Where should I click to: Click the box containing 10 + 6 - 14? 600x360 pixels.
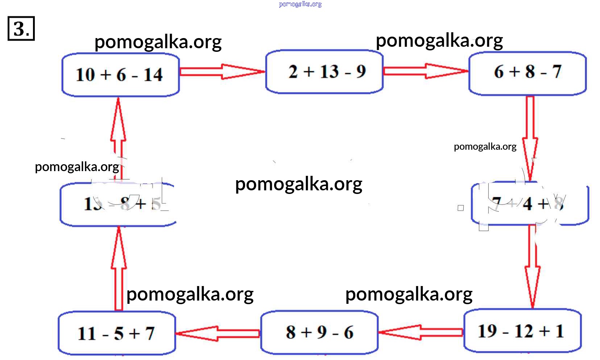(x=120, y=75)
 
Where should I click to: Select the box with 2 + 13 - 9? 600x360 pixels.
(x=324, y=71)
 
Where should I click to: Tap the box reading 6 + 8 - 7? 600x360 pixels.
(x=527, y=73)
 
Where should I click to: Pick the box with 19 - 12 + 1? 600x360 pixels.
(x=522, y=330)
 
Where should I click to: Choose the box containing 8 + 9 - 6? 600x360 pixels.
(x=319, y=332)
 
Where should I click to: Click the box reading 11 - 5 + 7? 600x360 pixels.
(x=117, y=333)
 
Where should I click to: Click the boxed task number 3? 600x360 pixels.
(x=21, y=28)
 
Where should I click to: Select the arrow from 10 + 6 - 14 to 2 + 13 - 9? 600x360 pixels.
(x=222, y=71)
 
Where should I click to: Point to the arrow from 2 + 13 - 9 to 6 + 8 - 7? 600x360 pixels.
(x=426, y=71)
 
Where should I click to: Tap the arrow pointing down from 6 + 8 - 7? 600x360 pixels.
(x=530, y=138)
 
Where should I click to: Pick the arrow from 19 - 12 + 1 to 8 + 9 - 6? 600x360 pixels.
(x=421, y=332)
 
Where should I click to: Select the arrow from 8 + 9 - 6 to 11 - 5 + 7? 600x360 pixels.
(x=218, y=333)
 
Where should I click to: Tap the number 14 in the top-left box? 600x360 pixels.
(x=153, y=75)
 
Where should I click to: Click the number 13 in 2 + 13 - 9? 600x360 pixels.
(x=329, y=71)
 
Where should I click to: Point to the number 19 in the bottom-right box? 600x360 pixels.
(x=488, y=331)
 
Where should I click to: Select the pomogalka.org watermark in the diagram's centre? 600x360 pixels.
(x=298, y=185)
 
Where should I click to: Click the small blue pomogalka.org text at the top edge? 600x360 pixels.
(x=300, y=4)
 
